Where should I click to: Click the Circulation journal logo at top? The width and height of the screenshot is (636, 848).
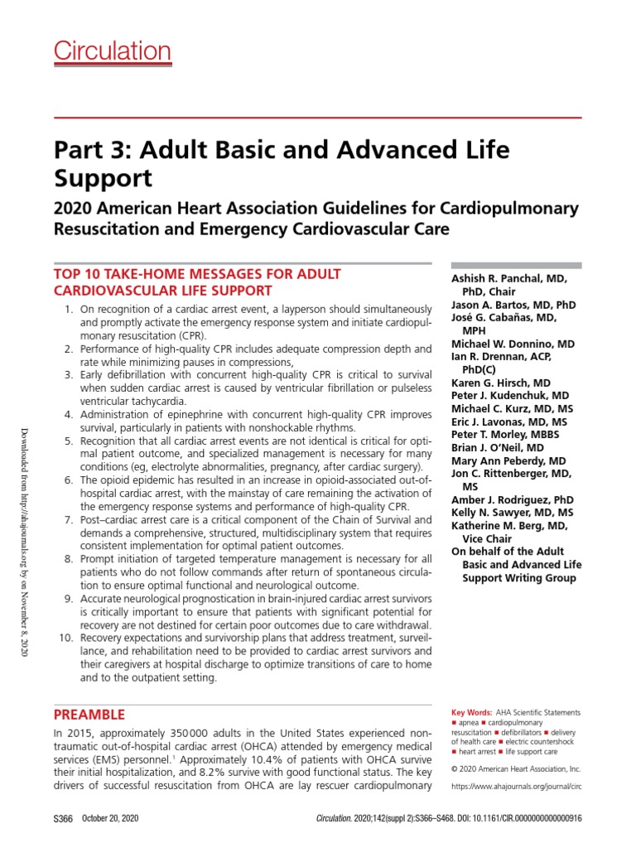click(113, 51)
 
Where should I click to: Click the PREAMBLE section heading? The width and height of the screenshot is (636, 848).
click(89, 714)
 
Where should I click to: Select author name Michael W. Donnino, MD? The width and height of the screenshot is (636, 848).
click(513, 343)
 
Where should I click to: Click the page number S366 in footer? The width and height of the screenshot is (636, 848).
click(63, 817)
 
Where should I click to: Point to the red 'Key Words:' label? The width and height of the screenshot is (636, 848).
click(470, 712)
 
